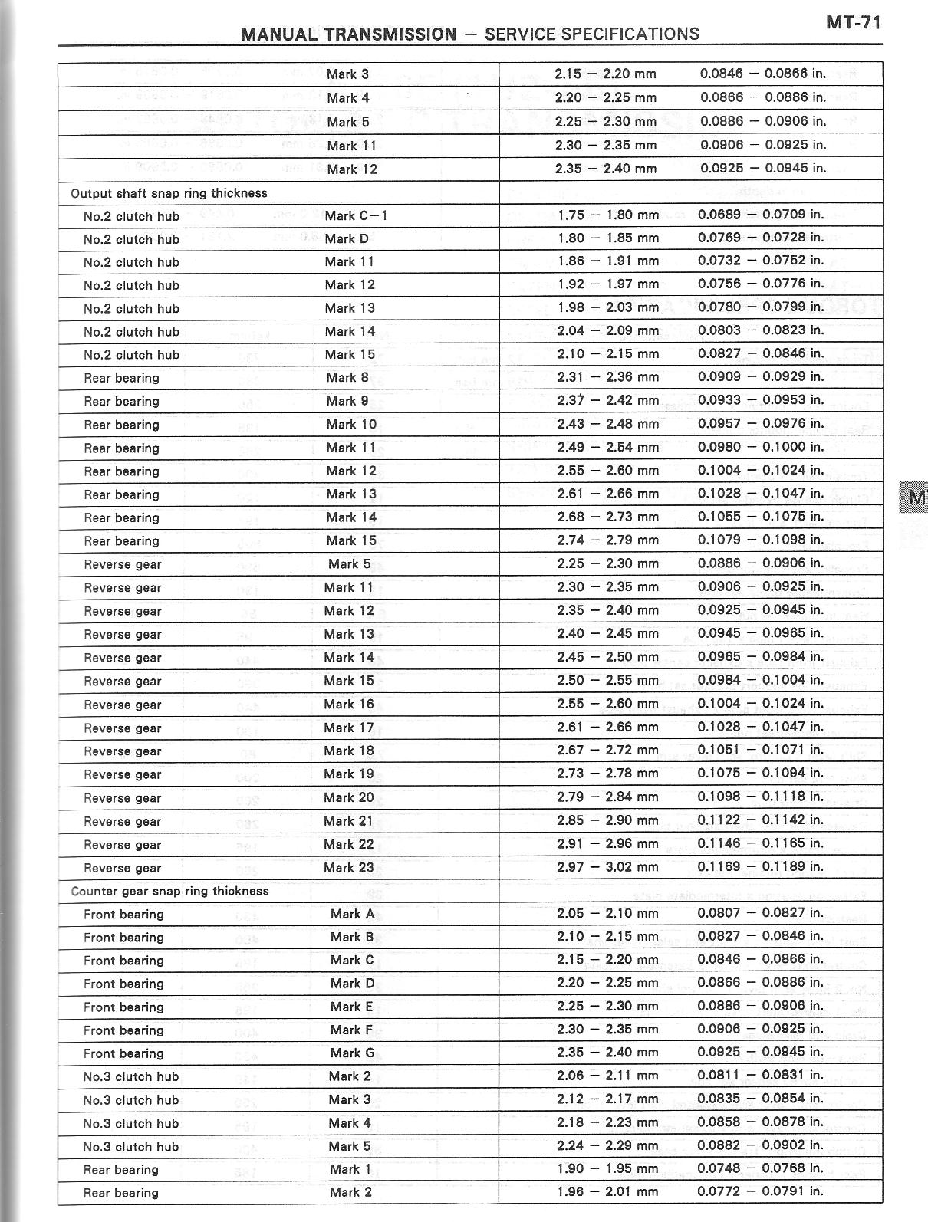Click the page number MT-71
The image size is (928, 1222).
click(853, 22)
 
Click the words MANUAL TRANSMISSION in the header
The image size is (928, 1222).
click(348, 34)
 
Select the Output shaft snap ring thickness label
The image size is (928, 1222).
click(169, 193)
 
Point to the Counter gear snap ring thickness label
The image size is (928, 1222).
click(169, 891)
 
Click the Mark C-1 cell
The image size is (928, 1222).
click(356, 215)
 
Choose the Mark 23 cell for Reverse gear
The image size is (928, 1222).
click(349, 868)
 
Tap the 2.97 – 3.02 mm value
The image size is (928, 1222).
click(607, 867)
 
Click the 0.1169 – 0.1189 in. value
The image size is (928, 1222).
click(760, 866)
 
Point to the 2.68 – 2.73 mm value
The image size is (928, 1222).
click(607, 517)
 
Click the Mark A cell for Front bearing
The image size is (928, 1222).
click(352, 914)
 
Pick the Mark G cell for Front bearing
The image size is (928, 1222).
click(352, 1053)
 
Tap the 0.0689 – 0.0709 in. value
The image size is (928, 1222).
click(761, 215)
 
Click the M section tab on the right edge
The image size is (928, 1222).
click(916, 498)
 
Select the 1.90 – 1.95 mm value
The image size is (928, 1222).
click(607, 1169)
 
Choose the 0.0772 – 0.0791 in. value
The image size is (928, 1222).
click(760, 1191)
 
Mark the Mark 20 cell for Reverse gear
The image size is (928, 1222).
click(349, 797)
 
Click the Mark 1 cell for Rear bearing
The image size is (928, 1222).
click(350, 1169)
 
